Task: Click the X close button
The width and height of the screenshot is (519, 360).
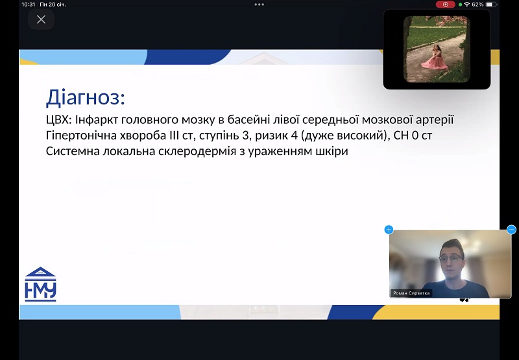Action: click(x=41, y=19)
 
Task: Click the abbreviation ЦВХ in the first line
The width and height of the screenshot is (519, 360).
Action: click(x=58, y=119)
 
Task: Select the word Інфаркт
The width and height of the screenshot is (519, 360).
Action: click(x=97, y=119)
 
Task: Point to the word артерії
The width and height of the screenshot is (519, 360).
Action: click(x=435, y=119)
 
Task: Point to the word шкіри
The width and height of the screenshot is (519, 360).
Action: click(x=333, y=151)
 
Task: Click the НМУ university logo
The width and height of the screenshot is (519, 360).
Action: click(x=40, y=284)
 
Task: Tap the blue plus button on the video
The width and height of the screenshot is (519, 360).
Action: click(x=389, y=230)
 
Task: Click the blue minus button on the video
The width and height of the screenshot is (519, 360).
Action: click(x=511, y=230)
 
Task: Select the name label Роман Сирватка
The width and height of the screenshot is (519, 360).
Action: click(x=411, y=293)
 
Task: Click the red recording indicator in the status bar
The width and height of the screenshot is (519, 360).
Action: click(x=446, y=5)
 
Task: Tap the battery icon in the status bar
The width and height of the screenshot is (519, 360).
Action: click(x=491, y=5)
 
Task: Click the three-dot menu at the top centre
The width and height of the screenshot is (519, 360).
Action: click(x=259, y=5)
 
